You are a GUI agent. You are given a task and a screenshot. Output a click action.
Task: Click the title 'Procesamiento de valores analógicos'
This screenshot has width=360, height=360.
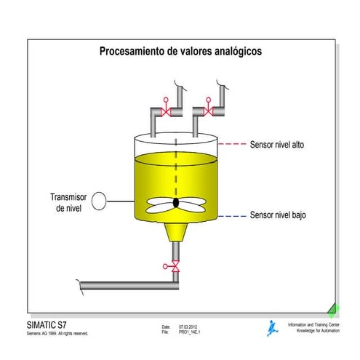[x=180, y=51]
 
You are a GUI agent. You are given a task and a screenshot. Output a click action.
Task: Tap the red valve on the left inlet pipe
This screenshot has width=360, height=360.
[x=166, y=108]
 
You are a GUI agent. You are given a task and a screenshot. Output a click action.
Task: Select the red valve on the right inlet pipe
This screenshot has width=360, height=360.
[x=208, y=108]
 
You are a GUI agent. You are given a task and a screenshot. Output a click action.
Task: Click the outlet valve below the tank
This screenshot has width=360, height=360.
[x=173, y=266]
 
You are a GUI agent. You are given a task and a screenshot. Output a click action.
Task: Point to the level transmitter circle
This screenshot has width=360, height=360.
[x=99, y=201]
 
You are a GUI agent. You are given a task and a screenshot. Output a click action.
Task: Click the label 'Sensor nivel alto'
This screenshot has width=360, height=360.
[x=277, y=145]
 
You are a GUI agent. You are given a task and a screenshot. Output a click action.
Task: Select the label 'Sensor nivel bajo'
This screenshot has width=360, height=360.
[x=278, y=215]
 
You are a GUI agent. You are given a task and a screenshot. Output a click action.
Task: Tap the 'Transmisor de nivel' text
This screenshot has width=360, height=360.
[x=68, y=202]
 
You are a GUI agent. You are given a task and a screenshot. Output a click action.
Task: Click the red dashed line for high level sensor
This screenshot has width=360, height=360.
[x=232, y=144]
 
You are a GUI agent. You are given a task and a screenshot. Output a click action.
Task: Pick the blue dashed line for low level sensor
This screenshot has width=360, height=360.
[x=232, y=216]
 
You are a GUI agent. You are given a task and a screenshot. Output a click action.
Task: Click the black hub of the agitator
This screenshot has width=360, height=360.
[x=176, y=203]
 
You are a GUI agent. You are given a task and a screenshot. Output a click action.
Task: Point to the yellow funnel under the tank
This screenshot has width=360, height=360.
[x=176, y=232]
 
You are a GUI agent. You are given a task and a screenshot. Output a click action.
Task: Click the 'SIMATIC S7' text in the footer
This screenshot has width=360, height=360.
[x=47, y=325]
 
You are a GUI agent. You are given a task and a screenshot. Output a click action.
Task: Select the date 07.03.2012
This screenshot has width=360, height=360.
[x=188, y=327]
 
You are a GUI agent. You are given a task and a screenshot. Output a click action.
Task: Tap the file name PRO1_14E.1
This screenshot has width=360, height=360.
[x=189, y=332]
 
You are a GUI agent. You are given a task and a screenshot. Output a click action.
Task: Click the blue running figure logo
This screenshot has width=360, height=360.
[x=273, y=328]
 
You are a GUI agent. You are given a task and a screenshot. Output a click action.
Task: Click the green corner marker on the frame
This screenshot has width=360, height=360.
[x=333, y=310]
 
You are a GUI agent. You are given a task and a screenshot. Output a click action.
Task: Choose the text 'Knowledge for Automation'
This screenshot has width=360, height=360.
[x=318, y=331]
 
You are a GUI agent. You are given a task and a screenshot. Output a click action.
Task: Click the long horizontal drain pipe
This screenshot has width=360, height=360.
[x=129, y=286]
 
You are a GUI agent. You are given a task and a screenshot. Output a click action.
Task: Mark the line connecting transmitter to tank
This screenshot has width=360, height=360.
[x=121, y=201]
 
